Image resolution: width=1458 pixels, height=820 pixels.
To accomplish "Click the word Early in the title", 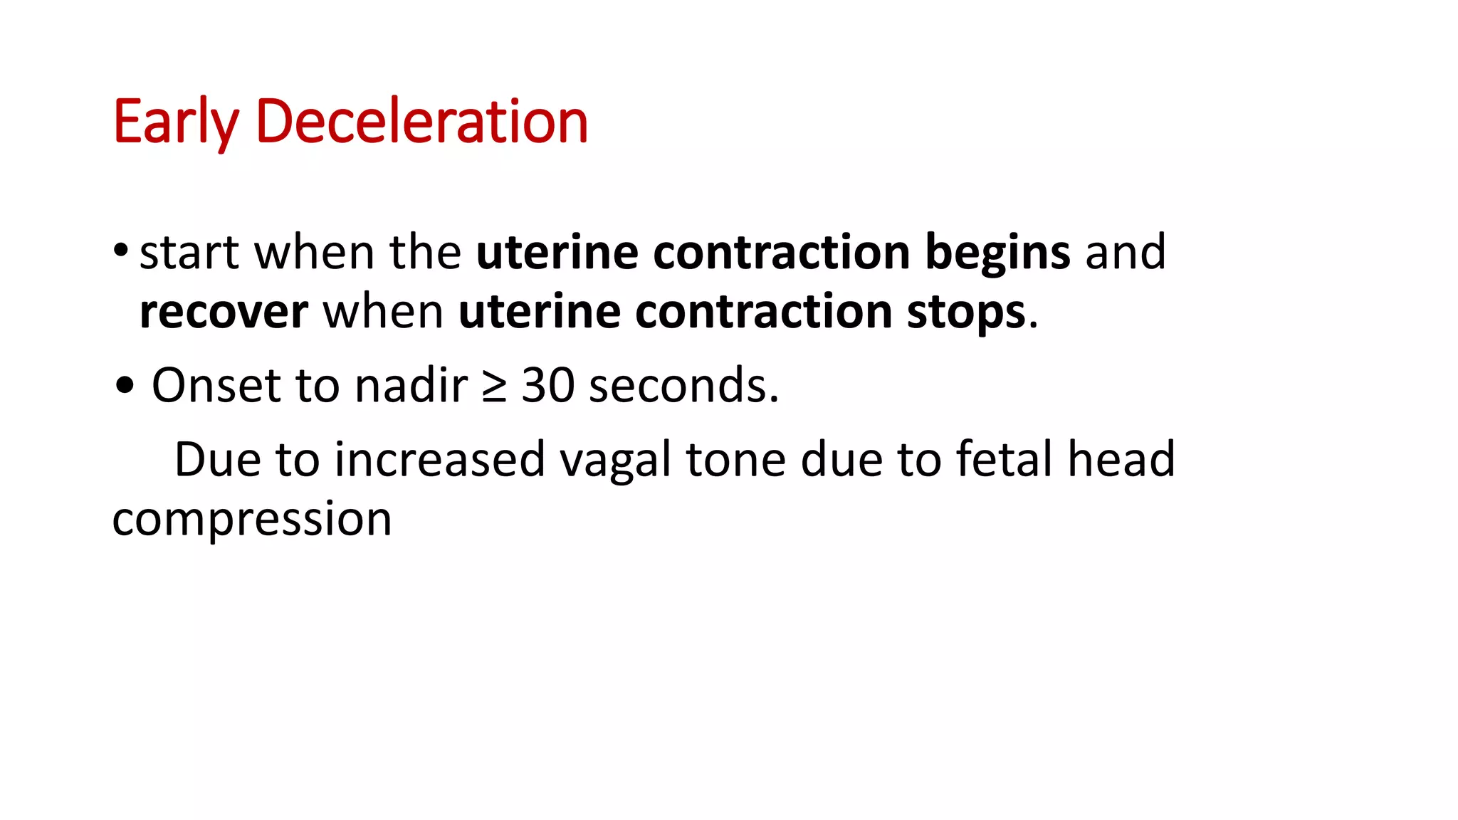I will (x=175, y=122).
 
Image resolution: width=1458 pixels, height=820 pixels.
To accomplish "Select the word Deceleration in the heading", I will (x=421, y=122).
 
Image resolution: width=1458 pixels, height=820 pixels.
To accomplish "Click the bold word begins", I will (x=997, y=253).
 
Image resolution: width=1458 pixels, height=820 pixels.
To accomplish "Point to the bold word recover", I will (x=224, y=312).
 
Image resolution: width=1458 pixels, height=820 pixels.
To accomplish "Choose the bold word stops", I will (x=966, y=312).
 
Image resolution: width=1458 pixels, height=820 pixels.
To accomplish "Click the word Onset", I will (x=216, y=386).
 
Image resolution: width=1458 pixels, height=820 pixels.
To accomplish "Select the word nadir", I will (x=411, y=386).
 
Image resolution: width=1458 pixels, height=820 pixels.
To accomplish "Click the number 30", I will (x=547, y=386).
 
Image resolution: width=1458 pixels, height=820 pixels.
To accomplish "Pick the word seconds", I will (x=683, y=386).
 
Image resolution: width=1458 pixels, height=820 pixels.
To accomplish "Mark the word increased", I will (x=440, y=460).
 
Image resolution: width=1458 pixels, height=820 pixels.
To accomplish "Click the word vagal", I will (x=615, y=461).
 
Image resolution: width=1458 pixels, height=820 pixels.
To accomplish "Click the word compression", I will (x=252, y=520).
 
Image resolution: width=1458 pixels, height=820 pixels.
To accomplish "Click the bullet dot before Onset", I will (x=125, y=387).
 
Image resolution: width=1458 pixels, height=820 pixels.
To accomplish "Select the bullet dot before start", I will (x=120, y=250).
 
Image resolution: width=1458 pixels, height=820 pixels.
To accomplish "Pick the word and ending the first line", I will (x=1126, y=253).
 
